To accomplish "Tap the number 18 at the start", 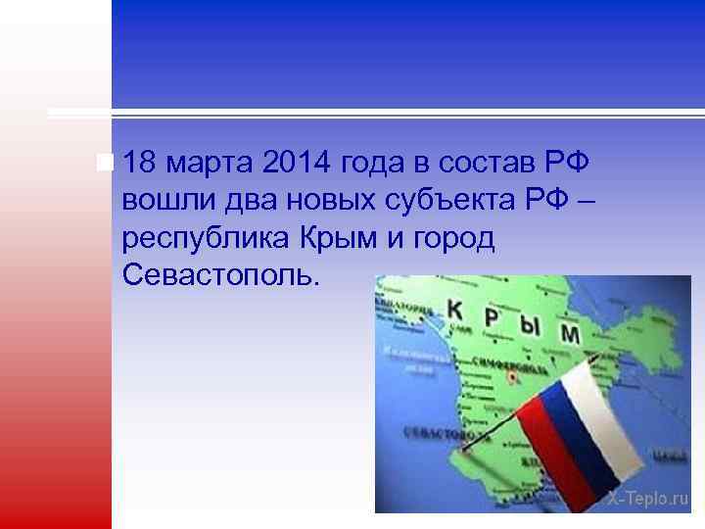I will pyautogui.click(x=144, y=161).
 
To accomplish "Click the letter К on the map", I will pyautogui.click(x=455, y=310).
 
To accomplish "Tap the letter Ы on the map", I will pyautogui.click(x=532, y=325).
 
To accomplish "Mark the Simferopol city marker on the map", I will pyautogui.click(x=509, y=374).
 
